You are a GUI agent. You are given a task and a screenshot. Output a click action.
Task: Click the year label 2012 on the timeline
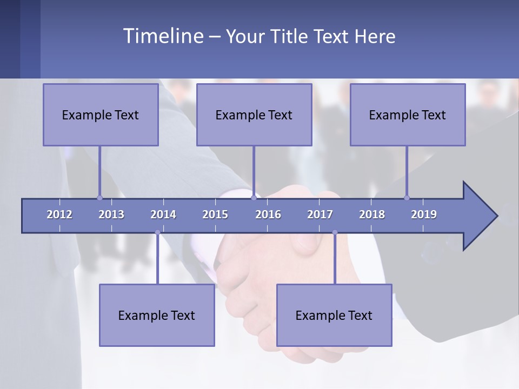point(59,214)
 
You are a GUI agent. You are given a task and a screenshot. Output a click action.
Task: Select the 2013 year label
point(111,214)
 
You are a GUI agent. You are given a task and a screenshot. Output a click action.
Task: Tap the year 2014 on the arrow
point(163,214)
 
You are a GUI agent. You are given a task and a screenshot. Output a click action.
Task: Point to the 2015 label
point(215,214)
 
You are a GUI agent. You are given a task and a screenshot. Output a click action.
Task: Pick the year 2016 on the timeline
point(268,214)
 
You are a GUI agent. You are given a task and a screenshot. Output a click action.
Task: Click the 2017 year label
point(320,214)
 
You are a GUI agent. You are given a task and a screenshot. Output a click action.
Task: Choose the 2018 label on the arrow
point(372,214)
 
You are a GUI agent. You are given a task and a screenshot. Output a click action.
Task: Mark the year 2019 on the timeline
point(424,214)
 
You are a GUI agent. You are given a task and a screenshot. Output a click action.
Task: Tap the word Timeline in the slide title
point(163,36)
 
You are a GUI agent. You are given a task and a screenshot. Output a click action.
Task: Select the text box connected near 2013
point(101,115)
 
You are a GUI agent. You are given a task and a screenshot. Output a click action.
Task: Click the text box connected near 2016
point(254,115)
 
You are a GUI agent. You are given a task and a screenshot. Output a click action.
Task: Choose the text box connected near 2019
point(408,115)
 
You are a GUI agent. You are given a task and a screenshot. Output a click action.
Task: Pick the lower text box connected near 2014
point(157,315)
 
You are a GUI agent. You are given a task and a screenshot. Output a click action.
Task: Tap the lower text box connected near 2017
point(334,315)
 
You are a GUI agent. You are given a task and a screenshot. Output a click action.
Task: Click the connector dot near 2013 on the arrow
point(99,198)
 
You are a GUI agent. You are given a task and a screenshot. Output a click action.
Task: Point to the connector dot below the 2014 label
point(157,232)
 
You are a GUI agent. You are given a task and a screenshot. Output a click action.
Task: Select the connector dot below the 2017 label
point(335,232)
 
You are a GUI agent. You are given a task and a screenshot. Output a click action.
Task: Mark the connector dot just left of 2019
point(407,198)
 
